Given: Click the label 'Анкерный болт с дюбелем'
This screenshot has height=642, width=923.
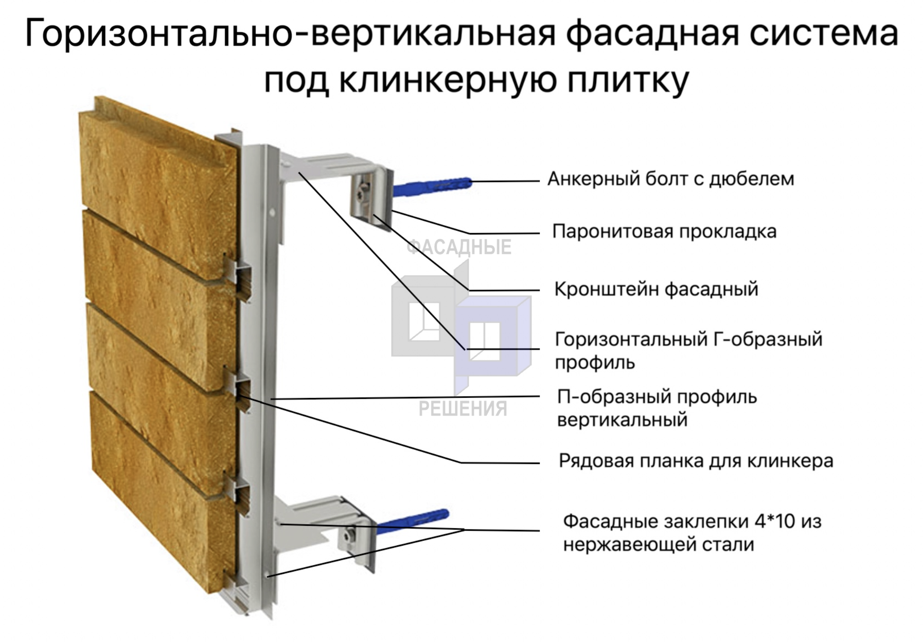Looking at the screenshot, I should (670, 179).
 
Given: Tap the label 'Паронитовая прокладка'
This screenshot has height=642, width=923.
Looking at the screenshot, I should (664, 232).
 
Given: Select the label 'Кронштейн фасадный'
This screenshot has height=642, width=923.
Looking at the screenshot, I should (656, 289).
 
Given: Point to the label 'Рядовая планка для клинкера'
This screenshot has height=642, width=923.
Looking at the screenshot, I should (696, 461).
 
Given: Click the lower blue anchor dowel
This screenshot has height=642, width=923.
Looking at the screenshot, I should (413, 518).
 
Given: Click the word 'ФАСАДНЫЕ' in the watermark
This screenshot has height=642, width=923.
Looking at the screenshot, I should (458, 247).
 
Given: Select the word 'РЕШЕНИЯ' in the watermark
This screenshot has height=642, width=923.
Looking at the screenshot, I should (462, 409).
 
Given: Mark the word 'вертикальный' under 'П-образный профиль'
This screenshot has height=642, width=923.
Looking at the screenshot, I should (622, 420).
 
